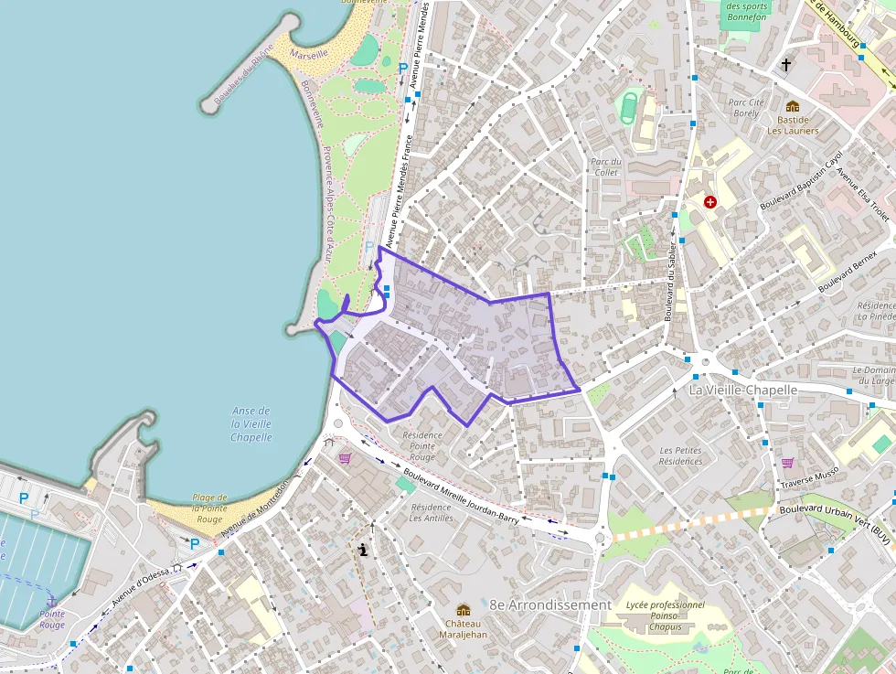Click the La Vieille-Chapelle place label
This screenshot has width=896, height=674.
(x=743, y=390)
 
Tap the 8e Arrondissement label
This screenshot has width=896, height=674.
(x=550, y=604)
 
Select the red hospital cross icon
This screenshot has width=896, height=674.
(x=710, y=201)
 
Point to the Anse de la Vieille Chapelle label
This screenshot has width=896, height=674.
(x=251, y=424)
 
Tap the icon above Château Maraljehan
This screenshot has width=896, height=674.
(x=463, y=610)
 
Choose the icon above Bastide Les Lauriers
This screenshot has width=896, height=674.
(x=793, y=106)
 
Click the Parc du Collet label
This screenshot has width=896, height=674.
(x=606, y=166)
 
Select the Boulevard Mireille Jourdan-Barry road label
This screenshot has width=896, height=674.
(x=461, y=497)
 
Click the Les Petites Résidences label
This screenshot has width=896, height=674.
(x=680, y=455)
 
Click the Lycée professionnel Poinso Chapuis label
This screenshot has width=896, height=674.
(x=666, y=615)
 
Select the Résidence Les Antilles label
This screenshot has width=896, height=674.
(x=432, y=512)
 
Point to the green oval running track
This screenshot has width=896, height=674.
(x=629, y=106)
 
